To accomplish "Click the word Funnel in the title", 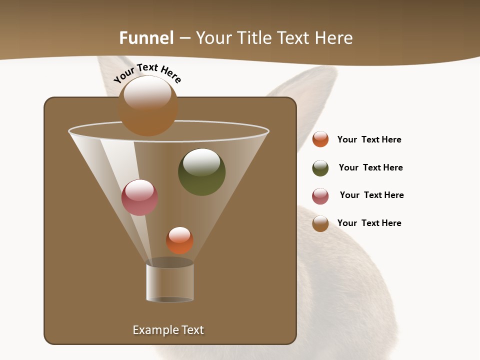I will [146, 38].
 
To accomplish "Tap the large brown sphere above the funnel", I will [148, 106].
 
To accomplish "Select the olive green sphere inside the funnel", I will [201, 171].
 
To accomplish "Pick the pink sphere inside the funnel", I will [139, 197].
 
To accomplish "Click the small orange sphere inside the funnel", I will [179, 240].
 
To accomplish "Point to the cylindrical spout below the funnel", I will [170, 283].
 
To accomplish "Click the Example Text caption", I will [168, 330].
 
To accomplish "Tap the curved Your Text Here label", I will [147, 72].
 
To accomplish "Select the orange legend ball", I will [320, 139].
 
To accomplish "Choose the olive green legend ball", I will [320, 168].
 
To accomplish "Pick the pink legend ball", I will [320, 196].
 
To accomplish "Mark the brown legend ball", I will [320, 223].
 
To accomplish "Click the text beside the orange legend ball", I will [369, 139].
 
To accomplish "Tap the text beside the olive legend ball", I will [370, 167].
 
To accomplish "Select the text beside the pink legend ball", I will [371, 195].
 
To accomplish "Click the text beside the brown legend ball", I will [369, 223].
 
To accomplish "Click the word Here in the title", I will [334, 38].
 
